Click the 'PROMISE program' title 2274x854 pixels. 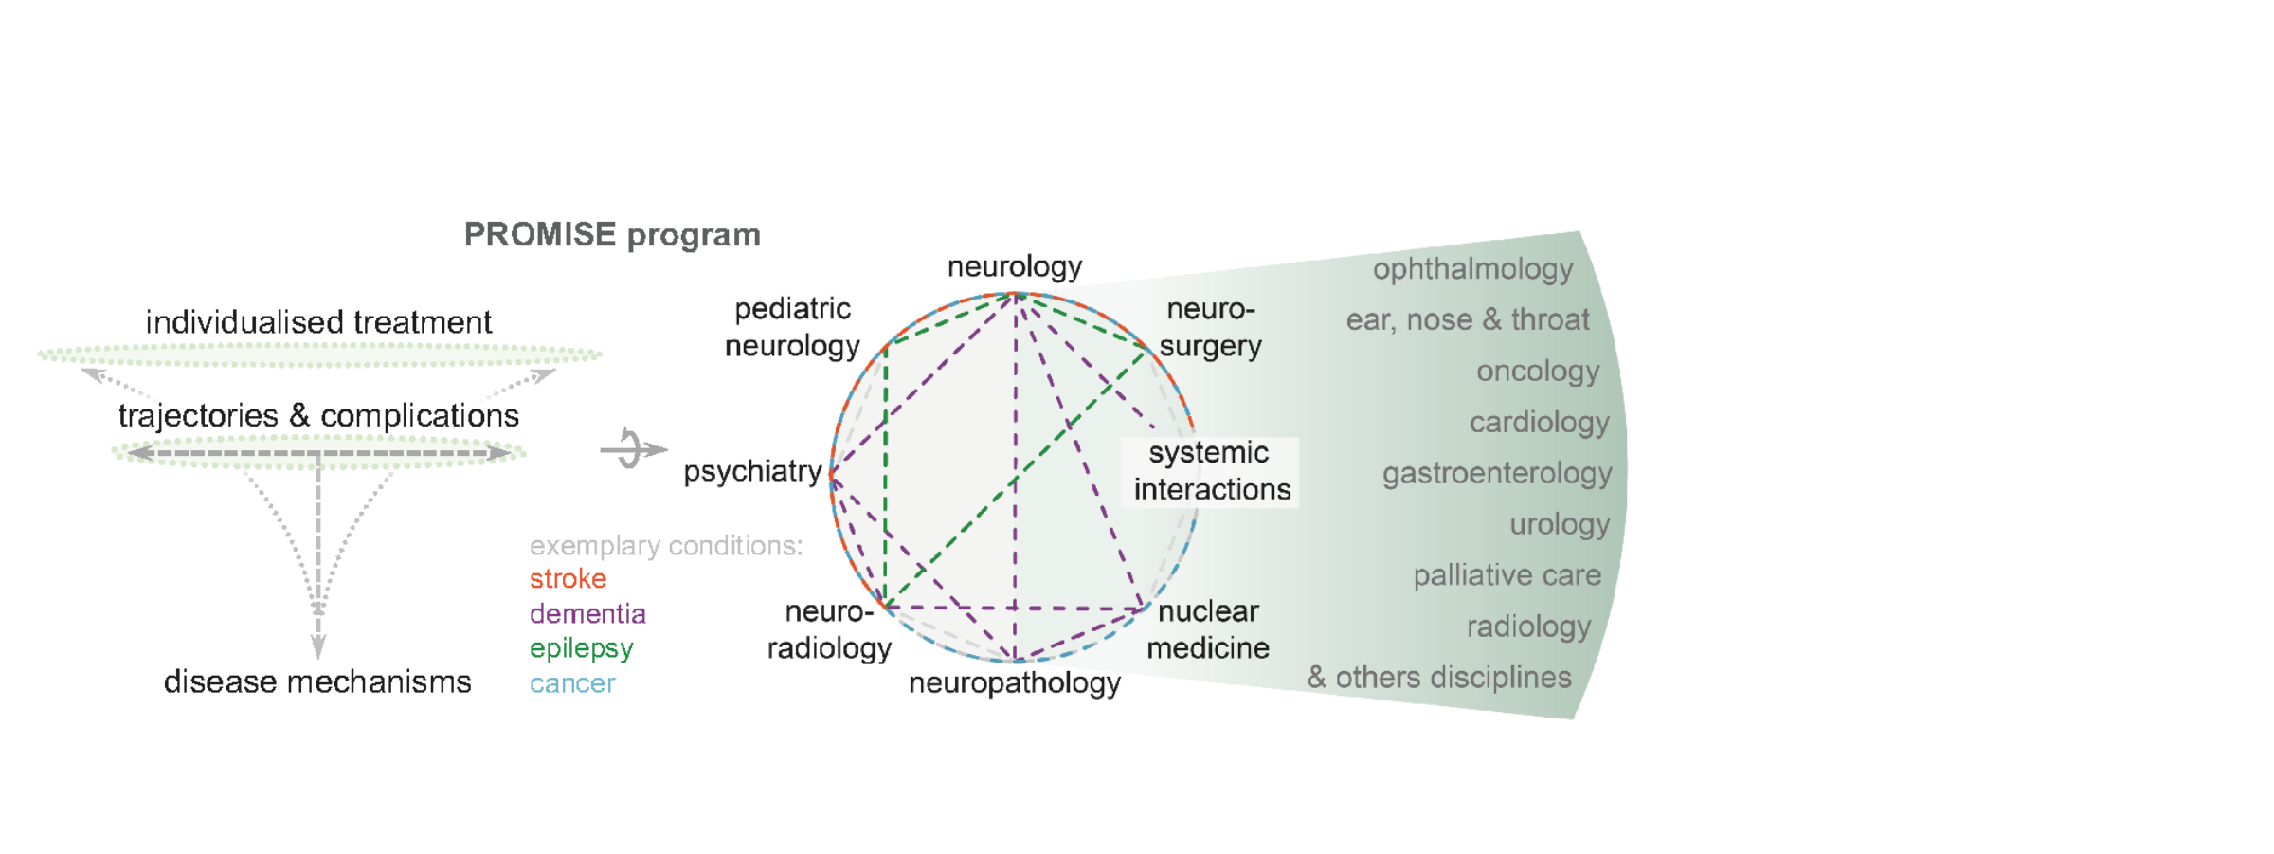611,235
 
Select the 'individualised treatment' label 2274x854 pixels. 318,322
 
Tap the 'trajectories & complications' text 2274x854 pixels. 318,415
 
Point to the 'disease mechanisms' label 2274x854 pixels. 316,681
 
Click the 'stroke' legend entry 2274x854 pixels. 568,578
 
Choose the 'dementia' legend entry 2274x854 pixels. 587,613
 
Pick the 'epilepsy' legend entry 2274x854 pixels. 581,648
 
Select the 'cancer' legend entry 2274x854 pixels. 572,683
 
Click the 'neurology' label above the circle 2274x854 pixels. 1014,266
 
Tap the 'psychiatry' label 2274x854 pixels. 752,471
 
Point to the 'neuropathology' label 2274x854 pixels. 1014,682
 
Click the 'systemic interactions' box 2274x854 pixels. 1210,471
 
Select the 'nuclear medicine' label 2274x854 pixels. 1208,629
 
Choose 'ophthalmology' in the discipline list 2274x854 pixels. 1472,269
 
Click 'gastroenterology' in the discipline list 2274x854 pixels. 1496,473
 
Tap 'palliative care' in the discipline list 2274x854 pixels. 1507,575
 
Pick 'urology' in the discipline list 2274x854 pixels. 1559,524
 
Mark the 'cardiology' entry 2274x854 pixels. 1539,422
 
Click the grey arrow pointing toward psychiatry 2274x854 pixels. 633,449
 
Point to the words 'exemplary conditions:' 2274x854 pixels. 665,546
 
